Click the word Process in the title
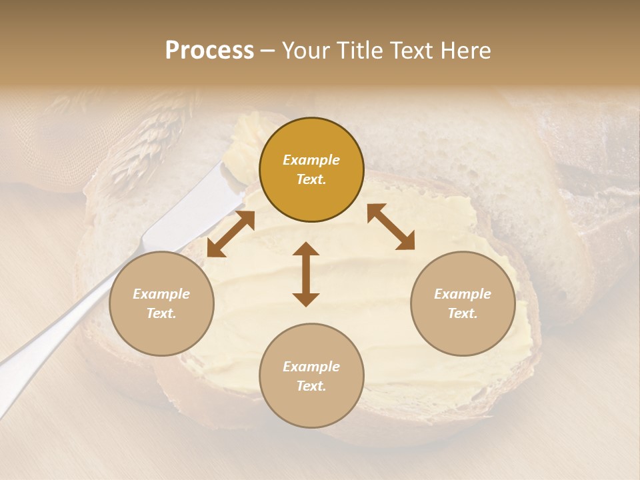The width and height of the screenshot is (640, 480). (209, 51)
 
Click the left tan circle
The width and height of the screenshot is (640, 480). (161, 303)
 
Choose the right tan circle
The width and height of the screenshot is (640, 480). (463, 303)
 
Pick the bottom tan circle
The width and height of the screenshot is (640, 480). (311, 375)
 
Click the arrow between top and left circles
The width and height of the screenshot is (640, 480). (231, 234)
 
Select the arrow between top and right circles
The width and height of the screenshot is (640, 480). (391, 227)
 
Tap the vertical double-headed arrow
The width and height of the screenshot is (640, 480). (306, 274)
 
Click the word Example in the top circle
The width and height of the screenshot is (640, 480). (311, 160)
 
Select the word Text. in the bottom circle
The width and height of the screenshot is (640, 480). (311, 386)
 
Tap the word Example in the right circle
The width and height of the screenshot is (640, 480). (463, 294)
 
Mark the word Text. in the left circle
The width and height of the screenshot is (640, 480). (161, 313)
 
